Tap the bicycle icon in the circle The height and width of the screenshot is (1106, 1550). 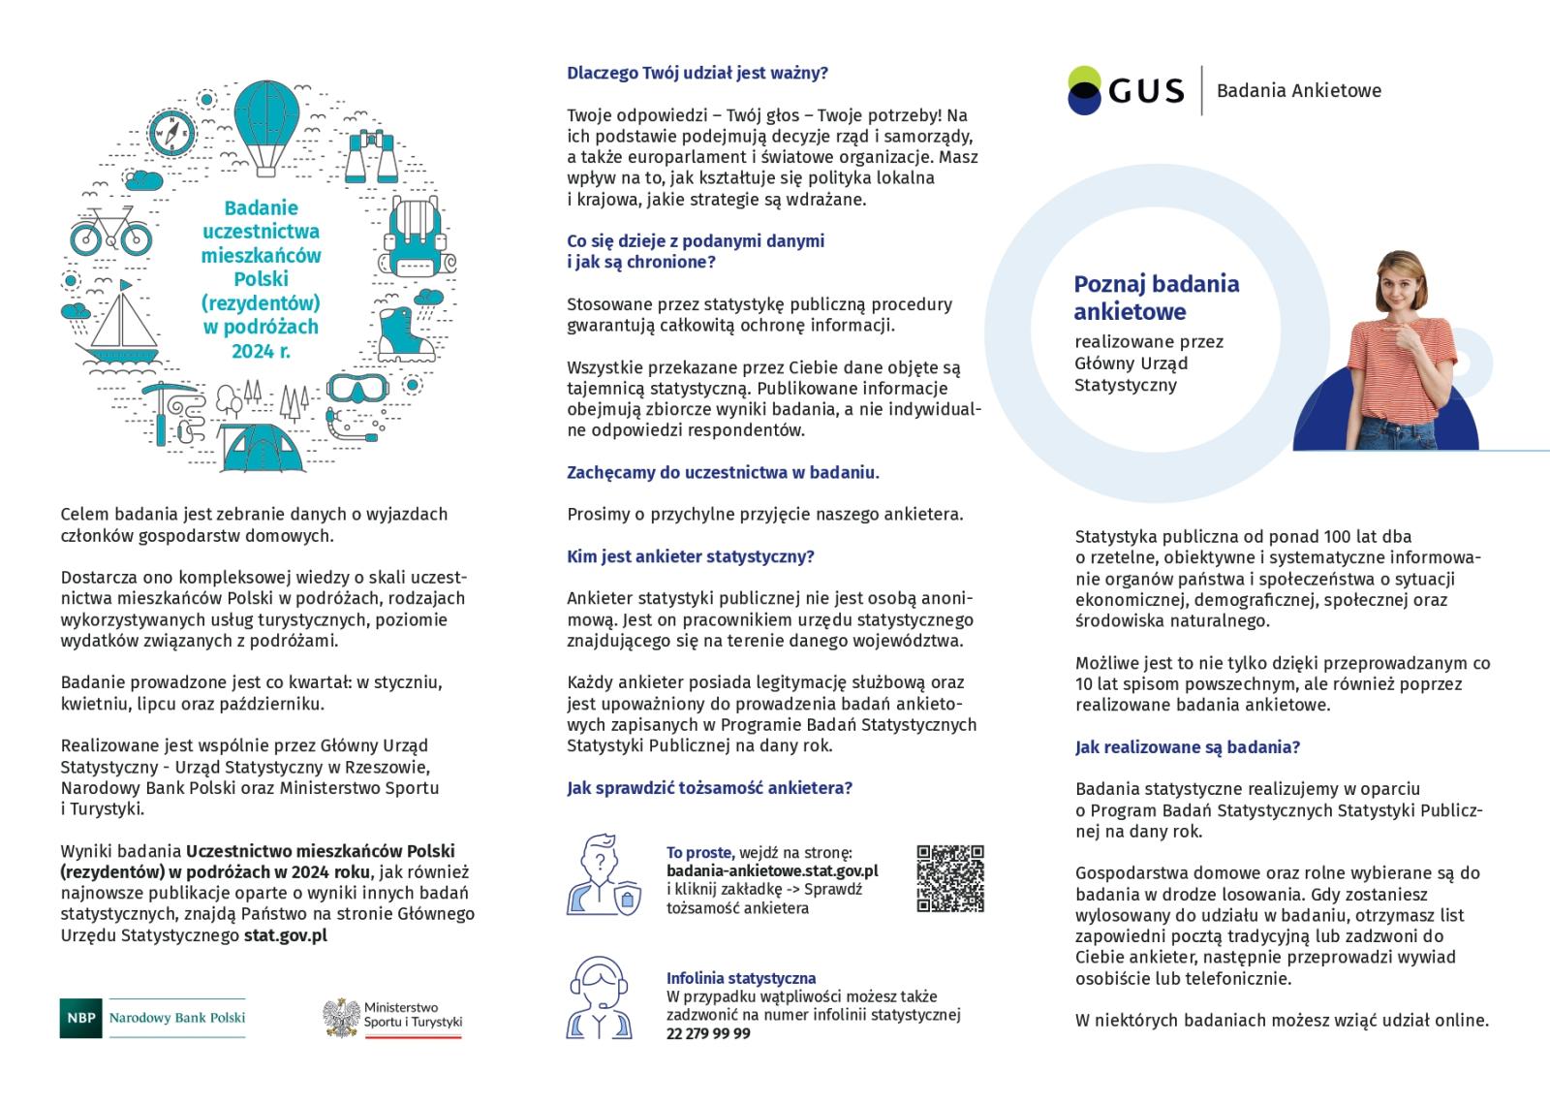pyautogui.click(x=110, y=231)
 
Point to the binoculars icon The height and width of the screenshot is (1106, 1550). pyautogui.click(x=372, y=157)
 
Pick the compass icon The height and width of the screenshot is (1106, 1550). pyautogui.click(x=172, y=132)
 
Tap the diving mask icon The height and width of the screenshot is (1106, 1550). pyautogui.click(x=355, y=389)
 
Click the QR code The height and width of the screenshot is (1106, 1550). pyautogui.click(x=950, y=878)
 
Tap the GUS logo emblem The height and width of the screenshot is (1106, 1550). pyautogui.click(x=1084, y=90)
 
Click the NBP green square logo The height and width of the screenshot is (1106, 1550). pyautogui.click(x=79, y=1018)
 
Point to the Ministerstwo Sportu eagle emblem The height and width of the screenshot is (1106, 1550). pyautogui.click(x=341, y=1017)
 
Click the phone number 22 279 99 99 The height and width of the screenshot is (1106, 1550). pyautogui.click(x=708, y=1033)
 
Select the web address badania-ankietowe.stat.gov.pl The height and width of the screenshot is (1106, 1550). pyautogui.click(x=772, y=870)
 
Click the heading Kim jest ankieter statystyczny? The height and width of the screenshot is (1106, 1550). pyautogui.click(x=690, y=556)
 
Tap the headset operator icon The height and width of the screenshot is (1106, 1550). pyautogui.click(x=600, y=998)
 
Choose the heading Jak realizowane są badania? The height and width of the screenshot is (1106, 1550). pyautogui.click(x=1187, y=747)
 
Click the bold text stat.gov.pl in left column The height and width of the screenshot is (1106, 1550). pyautogui.click(x=285, y=935)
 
